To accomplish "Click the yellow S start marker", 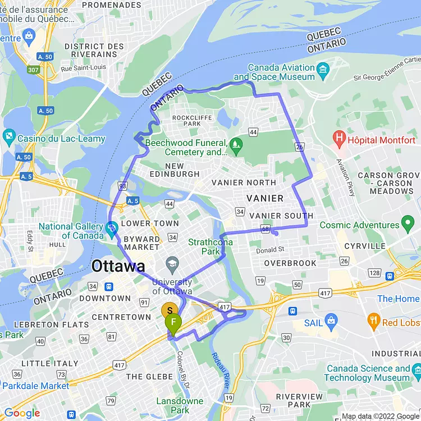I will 170,310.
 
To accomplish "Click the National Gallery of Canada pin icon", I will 111,227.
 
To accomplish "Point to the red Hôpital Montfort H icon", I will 339,137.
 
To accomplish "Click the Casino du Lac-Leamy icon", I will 9,136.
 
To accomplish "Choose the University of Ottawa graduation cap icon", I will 172,264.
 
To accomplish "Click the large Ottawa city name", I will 118,266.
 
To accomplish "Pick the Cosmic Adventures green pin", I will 409,225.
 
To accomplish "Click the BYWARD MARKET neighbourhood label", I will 142,243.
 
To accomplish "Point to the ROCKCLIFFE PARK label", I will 187,120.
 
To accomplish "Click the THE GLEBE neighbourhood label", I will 149,376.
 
